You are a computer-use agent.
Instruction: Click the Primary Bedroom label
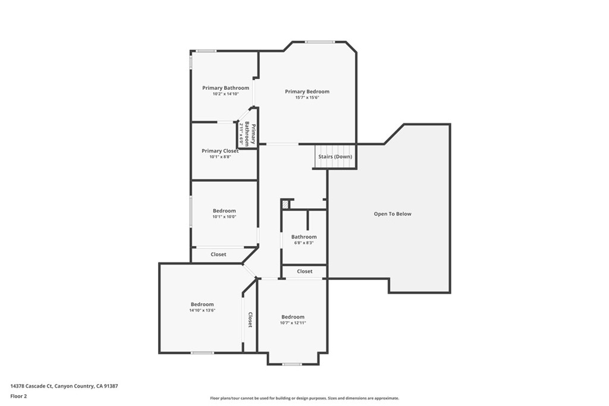[307, 92]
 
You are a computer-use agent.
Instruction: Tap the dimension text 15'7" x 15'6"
[307, 97]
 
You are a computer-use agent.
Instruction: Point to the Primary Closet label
[219, 151]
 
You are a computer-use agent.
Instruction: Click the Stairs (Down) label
[335, 157]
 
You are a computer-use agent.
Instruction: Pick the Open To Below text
[392, 214]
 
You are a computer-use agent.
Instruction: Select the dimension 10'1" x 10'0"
[224, 217]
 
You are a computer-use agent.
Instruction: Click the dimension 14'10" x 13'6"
[202, 310]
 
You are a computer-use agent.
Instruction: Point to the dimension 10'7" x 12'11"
[293, 323]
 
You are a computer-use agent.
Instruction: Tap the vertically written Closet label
[250, 320]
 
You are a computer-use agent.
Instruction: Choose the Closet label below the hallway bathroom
[304, 272]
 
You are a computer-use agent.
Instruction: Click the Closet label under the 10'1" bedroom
[218, 254]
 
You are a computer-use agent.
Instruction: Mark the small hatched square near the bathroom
[286, 204]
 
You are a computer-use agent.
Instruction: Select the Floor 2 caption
[18, 396]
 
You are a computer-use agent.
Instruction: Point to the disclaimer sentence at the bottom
[304, 398]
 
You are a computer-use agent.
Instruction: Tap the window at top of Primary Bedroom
[320, 42]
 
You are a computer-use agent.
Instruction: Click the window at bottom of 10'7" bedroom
[292, 364]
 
